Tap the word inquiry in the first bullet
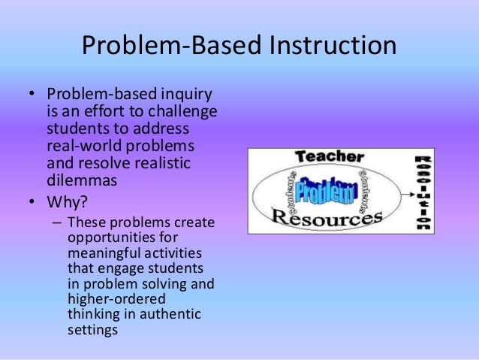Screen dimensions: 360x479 [183, 95]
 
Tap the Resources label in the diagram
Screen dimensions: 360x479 [327, 219]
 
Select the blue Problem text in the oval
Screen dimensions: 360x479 [324, 191]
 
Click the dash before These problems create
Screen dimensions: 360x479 [58, 223]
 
